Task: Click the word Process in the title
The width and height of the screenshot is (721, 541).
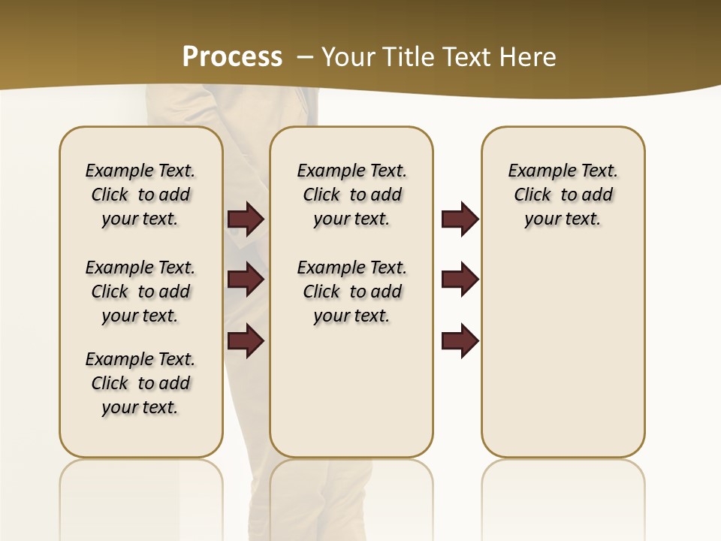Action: [232, 56]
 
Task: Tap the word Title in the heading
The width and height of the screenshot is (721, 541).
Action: [408, 57]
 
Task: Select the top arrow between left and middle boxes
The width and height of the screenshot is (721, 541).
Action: [246, 219]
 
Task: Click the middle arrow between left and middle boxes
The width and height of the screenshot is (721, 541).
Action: [246, 280]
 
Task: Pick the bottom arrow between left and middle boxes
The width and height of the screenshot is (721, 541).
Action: [246, 340]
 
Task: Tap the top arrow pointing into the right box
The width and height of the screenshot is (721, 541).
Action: [460, 219]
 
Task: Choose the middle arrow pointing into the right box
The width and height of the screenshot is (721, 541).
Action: [460, 280]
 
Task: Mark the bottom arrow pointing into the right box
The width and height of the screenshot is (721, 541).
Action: [460, 340]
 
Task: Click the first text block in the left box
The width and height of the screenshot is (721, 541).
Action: [140, 195]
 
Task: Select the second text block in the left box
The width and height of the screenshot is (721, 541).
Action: [140, 292]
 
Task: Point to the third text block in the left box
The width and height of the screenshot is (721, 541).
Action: [140, 383]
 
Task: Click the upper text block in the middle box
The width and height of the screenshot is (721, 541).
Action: [351, 195]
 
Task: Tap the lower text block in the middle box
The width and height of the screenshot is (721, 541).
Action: [351, 292]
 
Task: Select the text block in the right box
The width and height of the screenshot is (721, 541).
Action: [563, 195]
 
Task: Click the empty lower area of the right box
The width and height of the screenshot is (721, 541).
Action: [563, 353]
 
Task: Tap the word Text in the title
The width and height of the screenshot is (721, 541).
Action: [467, 57]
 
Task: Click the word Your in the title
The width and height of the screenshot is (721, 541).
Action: [348, 57]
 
